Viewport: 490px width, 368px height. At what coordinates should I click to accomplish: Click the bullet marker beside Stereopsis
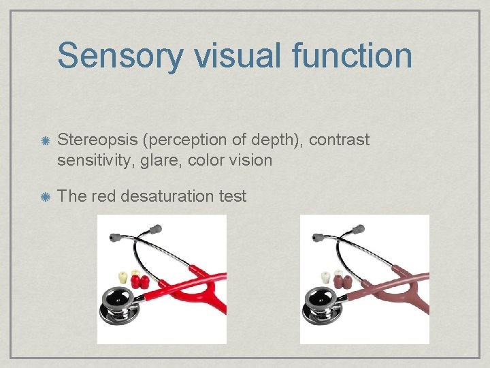[x=44, y=141]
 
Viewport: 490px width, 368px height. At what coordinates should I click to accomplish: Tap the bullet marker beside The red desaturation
[x=44, y=197]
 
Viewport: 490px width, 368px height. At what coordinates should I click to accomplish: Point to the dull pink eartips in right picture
[x=342, y=281]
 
